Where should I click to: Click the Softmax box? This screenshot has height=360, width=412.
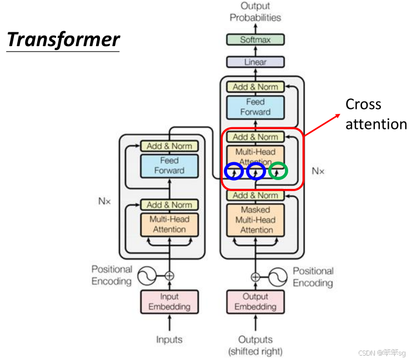click(255, 40)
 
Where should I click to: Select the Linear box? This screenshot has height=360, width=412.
click(255, 62)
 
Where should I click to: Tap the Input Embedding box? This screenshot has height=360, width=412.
click(169, 302)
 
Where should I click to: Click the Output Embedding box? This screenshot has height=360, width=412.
click(255, 302)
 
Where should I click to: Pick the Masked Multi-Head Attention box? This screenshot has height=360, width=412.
click(255, 220)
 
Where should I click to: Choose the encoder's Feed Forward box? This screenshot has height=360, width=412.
click(169, 166)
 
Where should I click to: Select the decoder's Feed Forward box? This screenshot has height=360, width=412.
click(255, 107)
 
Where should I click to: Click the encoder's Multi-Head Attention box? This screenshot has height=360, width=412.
click(169, 224)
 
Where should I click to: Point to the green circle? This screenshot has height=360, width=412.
click(278, 172)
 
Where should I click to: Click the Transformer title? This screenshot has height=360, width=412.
click(63, 40)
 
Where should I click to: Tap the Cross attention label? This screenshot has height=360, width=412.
click(376, 114)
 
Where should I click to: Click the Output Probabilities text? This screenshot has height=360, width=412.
click(255, 12)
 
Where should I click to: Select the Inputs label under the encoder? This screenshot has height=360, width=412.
click(169, 339)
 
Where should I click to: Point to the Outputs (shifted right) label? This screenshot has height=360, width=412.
click(255, 345)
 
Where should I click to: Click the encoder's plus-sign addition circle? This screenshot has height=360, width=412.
click(169, 275)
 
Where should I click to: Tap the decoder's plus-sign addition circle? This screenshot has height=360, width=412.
click(255, 277)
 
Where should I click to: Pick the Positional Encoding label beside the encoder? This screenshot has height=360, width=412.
click(112, 275)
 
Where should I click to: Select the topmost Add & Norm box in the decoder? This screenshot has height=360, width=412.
click(255, 87)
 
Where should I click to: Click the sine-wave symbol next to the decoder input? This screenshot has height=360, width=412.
click(279, 276)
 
